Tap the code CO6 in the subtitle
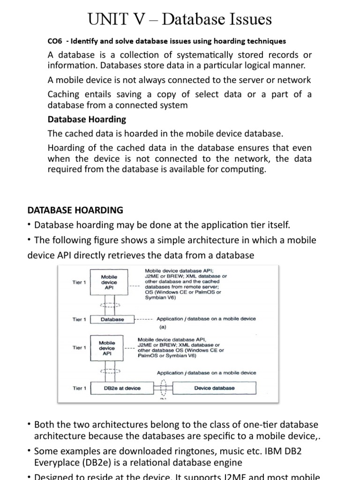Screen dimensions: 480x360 click(55, 41)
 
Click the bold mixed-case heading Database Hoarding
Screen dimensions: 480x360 click(87, 119)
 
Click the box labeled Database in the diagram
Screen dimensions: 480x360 click(112, 319)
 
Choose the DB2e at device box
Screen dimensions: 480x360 click(122, 388)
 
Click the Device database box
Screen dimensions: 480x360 click(214, 388)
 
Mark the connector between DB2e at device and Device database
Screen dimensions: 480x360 click(163, 388)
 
